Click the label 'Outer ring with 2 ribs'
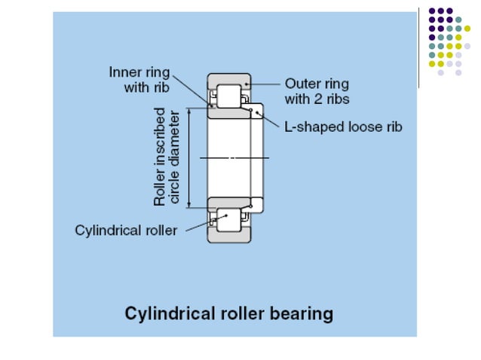tap(317, 90)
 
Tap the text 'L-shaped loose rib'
tap(343, 127)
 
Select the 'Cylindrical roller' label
tap(126, 230)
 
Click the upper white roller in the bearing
tap(228, 96)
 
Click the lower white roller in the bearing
tap(228, 221)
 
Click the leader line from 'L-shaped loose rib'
tap(270, 121)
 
